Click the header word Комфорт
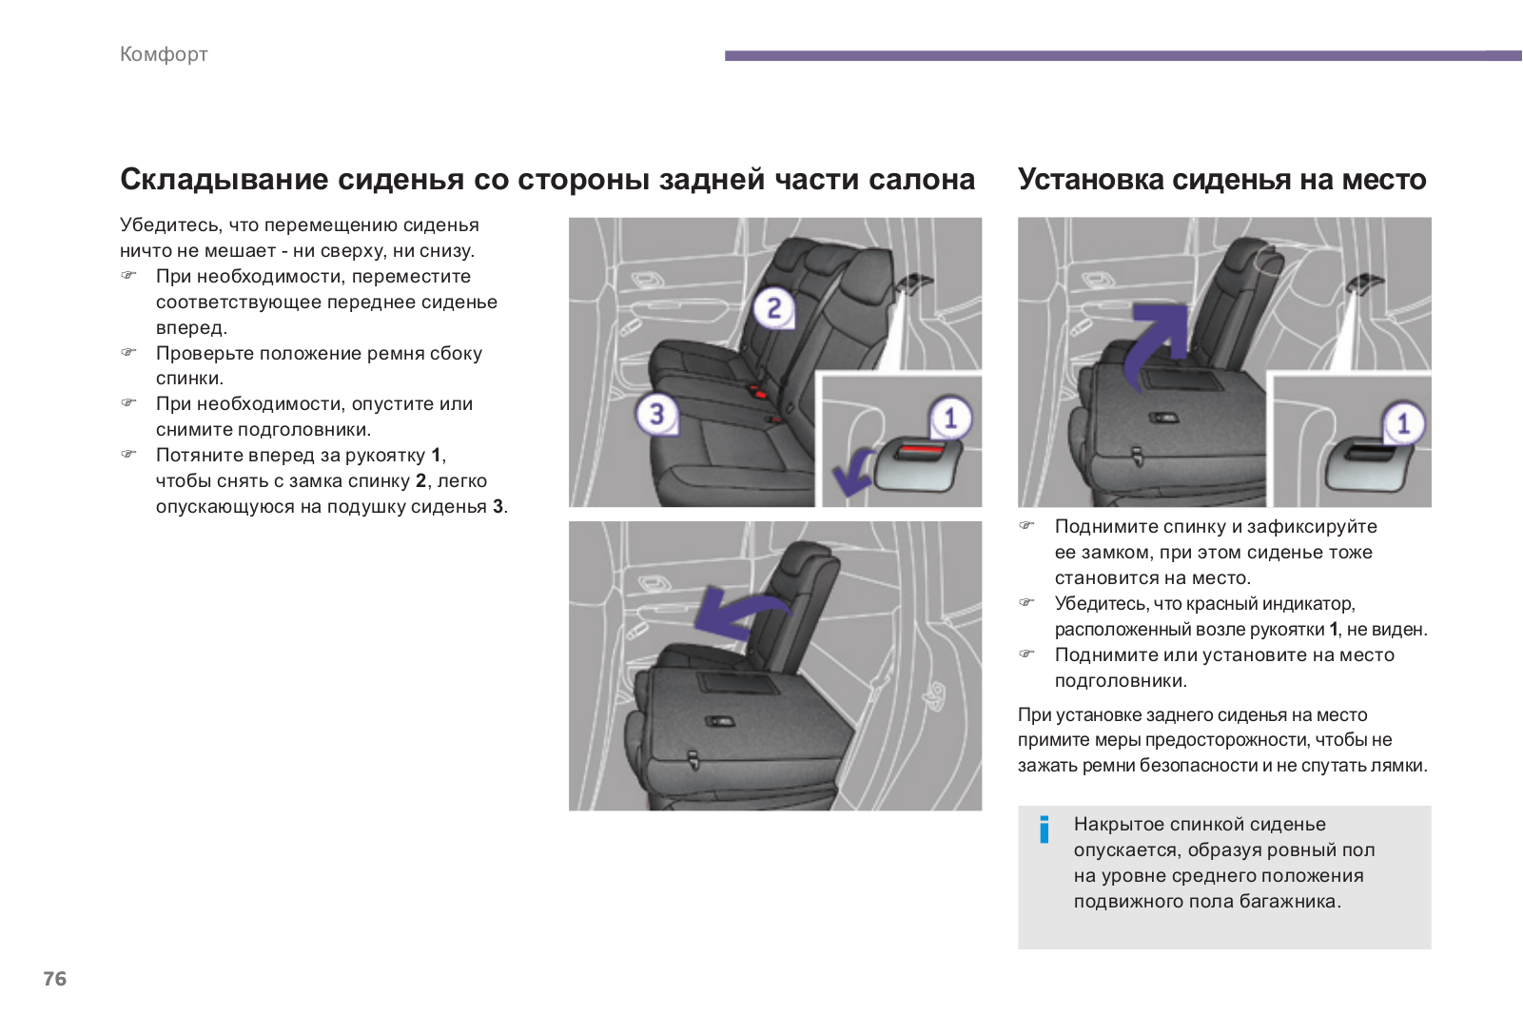(164, 54)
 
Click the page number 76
(55, 979)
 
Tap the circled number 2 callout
(773, 307)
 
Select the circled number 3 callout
(656, 414)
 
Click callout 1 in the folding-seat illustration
(949, 418)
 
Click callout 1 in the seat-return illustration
(1402, 423)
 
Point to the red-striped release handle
(918, 462)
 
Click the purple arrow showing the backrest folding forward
(737, 610)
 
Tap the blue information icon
(1045, 830)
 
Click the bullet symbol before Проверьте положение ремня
(129, 353)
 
